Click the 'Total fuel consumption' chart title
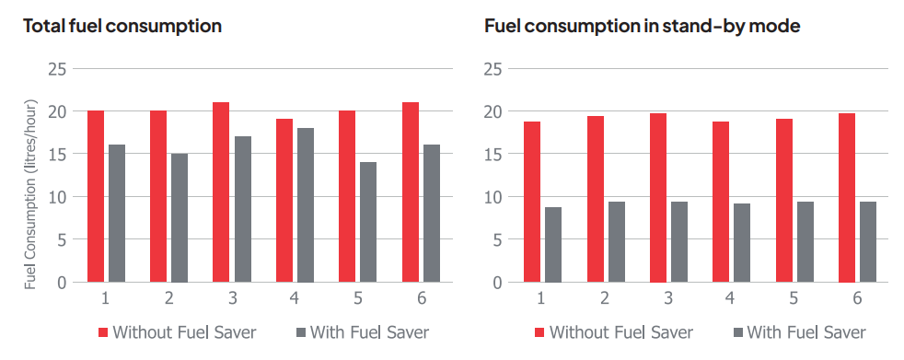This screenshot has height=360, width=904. pos(122,26)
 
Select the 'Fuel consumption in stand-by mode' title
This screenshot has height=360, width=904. pos(642,26)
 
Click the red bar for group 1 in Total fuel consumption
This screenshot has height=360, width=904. pos(96,196)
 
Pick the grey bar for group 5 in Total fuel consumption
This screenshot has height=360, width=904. pos(367,222)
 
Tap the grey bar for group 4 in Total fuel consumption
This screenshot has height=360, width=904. pos(305,205)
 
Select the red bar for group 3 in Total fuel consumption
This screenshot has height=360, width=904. pos(221,192)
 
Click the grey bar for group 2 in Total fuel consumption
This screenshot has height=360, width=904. pos(180,218)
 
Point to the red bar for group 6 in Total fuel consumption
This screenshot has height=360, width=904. pos(410,192)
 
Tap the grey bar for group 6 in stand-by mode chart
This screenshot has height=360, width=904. pos(867,242)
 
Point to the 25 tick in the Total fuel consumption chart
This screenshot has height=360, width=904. pos(57,69)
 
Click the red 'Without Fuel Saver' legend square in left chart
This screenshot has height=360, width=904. pos(102,331)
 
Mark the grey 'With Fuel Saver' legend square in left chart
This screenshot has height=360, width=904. pos(300,331)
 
